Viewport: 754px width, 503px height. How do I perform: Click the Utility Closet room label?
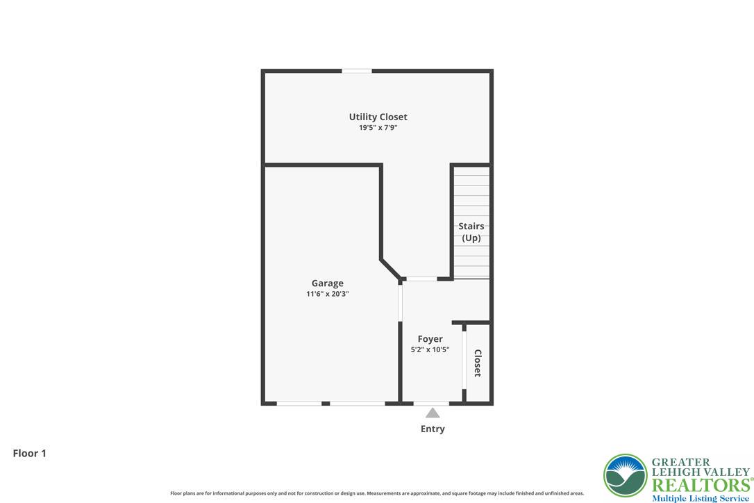pos(378,117)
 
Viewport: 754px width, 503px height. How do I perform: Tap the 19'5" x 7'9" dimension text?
pos(378,128)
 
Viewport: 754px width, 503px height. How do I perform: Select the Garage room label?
pos(327,283)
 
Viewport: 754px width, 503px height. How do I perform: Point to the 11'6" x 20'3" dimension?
pos(327,294)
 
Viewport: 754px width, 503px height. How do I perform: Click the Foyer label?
pos(430,339)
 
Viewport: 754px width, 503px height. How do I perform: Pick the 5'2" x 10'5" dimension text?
pos(430,349)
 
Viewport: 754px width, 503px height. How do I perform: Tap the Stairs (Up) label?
pos(471,232)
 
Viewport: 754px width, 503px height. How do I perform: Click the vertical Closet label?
pos(478,363)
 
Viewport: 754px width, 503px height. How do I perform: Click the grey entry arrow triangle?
pos(433,413)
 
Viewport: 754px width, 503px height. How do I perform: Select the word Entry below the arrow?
pos(433,429)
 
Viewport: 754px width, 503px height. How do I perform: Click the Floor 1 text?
pos(29,453)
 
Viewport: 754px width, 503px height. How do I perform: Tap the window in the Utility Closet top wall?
pos(357,71)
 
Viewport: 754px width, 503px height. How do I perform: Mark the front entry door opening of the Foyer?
pos(431,403)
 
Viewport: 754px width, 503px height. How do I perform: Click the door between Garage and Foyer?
pos(400,302)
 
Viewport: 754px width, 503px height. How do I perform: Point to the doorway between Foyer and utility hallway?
pos(421,279)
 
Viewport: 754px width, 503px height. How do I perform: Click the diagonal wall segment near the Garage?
pos(390,270)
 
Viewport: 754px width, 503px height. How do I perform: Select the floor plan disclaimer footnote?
pos(377,493)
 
